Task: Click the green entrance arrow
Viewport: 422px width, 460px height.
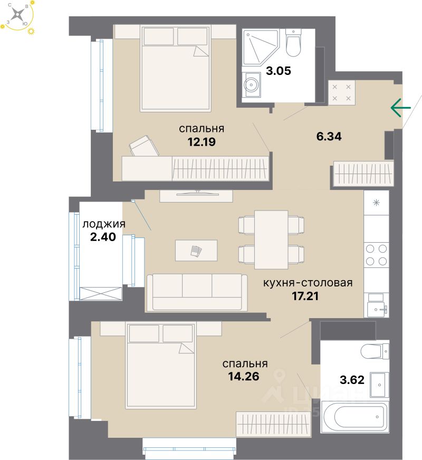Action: [x=400, y=108]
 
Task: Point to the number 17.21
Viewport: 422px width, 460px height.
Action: [x=308, y=295]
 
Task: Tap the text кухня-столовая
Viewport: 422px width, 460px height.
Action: [x=308, y=283]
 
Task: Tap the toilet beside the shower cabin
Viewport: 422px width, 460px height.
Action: [x=293, y=44]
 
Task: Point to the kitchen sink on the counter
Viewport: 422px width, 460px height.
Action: [x=376, y=304]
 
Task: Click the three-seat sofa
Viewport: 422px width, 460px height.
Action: [x=197, y=292]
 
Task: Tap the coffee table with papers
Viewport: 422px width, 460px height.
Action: [x=196, y=250]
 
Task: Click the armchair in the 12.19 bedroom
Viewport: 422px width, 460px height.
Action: [x=144, y=146]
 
